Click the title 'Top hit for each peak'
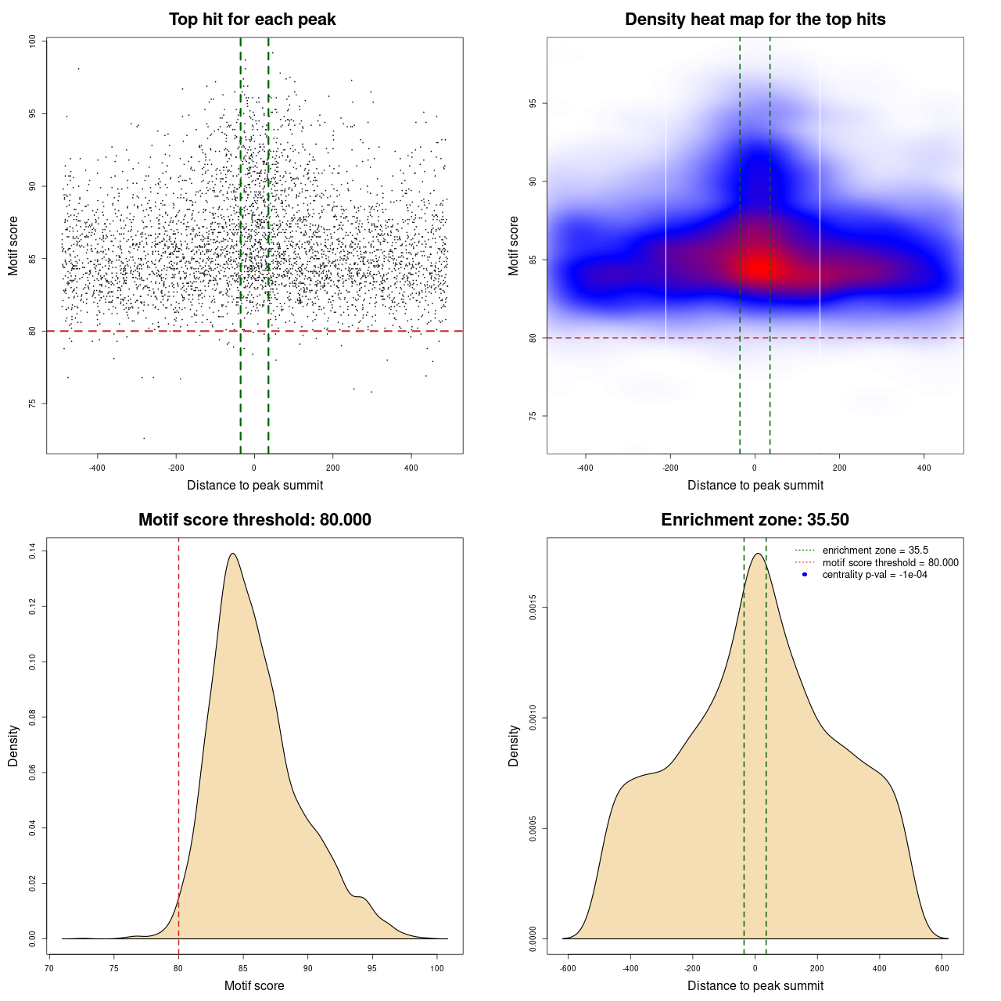[x=252, y=20]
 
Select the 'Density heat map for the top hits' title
[x=755, y=20]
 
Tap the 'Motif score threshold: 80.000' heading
[x=254, y=520]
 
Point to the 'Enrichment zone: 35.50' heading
[x=755, y=520]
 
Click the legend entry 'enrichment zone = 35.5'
[x=875, y=551]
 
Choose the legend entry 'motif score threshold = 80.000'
[x=890, y=563]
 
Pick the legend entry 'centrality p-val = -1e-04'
[x=874, y=575]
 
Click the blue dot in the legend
[x=805, y=575]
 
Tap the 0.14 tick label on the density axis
[x=33, y=552]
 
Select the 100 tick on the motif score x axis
[x=437, y=968]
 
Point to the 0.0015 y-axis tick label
[x=533, y=608]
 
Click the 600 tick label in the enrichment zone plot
[x=942, y=968]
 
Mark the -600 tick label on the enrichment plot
[x=568, y=968]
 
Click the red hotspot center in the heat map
[x=757, y=267]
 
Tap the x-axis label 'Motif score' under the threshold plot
[x=254, y=985]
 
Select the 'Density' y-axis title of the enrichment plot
[x=514, y=745]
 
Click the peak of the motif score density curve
[x=232, y=554]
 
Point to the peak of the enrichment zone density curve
[x=756, y=554]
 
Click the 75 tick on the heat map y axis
[x=533, y=416]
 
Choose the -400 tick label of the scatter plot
[x=97, y=468]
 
